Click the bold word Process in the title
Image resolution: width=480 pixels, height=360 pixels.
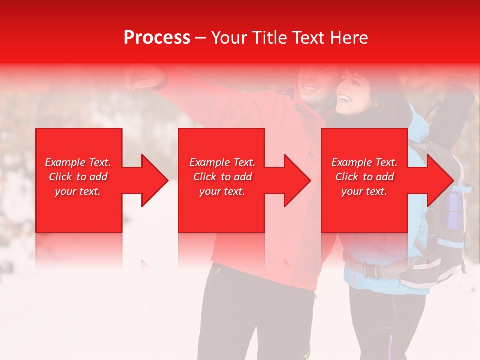[157, 38]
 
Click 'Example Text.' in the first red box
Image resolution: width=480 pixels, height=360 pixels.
[78, 162]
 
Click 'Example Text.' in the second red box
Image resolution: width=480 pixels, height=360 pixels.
[222, 162]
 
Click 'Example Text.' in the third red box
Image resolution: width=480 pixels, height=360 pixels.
[364, 162]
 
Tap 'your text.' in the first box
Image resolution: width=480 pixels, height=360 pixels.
[78, 191]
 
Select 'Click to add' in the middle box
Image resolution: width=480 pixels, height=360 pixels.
[222, 177]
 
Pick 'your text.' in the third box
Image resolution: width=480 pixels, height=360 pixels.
[364, 191]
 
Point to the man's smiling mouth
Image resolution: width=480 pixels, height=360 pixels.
[310, 89]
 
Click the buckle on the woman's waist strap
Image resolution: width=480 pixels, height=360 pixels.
[370, 270]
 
